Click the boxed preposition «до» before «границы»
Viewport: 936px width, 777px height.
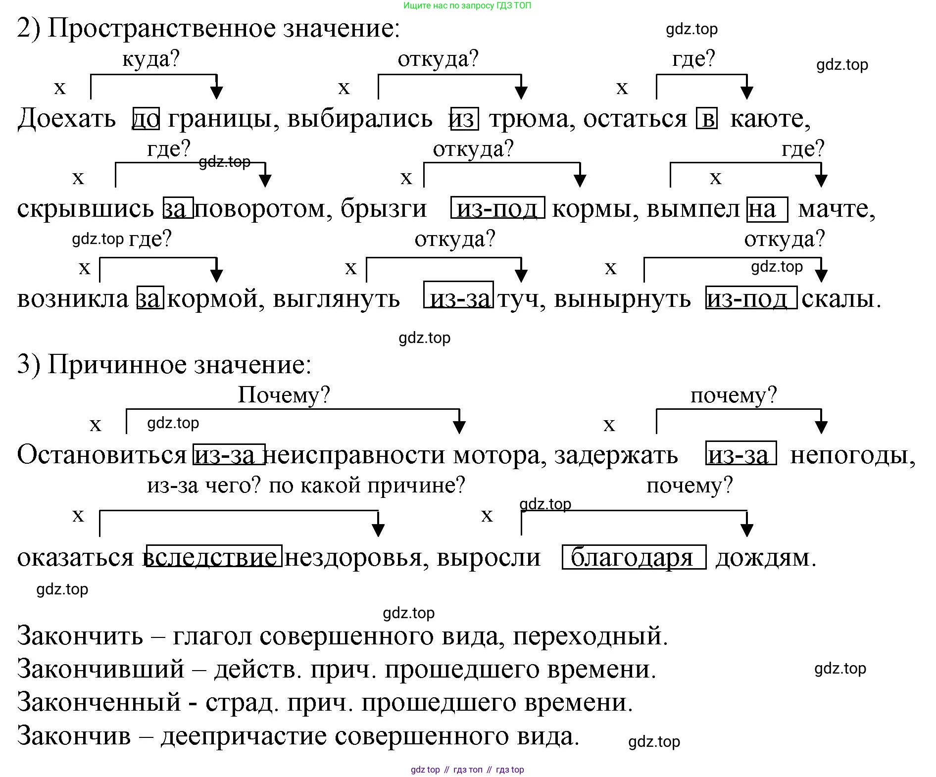(x=146, y=119)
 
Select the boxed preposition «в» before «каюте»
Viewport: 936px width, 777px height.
(x=707, y=119)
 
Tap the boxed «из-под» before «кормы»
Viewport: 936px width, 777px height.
(x=497, y=208)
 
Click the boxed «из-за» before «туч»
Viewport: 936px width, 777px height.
(x=458, y=298)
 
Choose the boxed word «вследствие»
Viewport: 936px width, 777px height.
(x=214, y=557)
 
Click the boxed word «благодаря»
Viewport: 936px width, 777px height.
(x=634, y=557)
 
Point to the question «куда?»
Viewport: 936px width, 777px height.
(x=150, y=59)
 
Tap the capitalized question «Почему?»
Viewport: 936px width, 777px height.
(x=284, y=394)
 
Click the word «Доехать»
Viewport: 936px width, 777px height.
(x=66, y=119)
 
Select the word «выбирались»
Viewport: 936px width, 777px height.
(x=360, y=119)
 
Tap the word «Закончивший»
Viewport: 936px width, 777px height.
(x=100, y=669)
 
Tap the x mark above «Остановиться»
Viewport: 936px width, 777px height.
(x=95, y=425)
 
